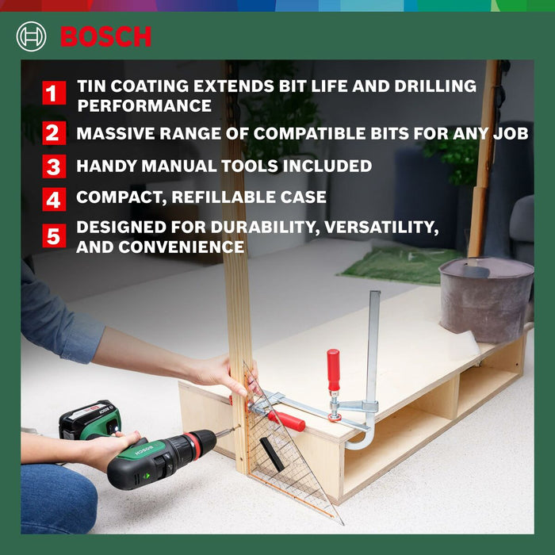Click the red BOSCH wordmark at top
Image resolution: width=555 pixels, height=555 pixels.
pyautogui.click(x=105, y=36)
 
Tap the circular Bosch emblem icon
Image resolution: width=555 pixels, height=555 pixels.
pyautogui.click(x=31, y=36)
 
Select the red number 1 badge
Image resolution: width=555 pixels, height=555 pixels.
pyautogui.click(x=54, y=94)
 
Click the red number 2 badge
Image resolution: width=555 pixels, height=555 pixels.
pyautogui.click(x=54, y=132)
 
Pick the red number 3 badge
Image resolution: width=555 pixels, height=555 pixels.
pyautogui.click(x=54, y=166)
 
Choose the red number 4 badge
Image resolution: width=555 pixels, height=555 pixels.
pyautogui.click(x=54, y=198)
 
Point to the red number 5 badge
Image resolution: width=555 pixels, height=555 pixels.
pyautogui.click(x=54, y=236)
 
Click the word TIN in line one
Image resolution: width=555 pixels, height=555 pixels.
pyautogui.click(x=94, y=86)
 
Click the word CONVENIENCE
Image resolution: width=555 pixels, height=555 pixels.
pyautogui.click(x=182, y=247)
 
